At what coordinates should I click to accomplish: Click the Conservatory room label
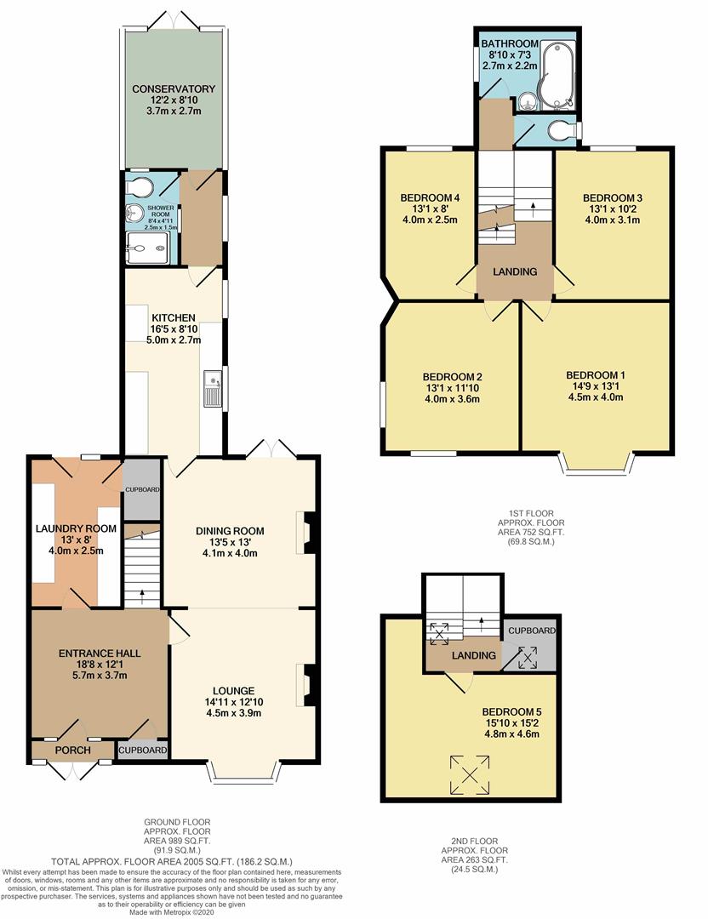tap(174, 88)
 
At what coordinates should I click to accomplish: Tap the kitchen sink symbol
tap(212, 389)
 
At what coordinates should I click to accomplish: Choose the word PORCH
tap(72, 751)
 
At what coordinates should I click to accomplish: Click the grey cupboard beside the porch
tap(142, 750)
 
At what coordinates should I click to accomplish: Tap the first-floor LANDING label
tap(516, 272)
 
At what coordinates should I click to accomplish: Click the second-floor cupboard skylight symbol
tap(528, 656)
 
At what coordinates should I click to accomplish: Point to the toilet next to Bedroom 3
tap(562, 129)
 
